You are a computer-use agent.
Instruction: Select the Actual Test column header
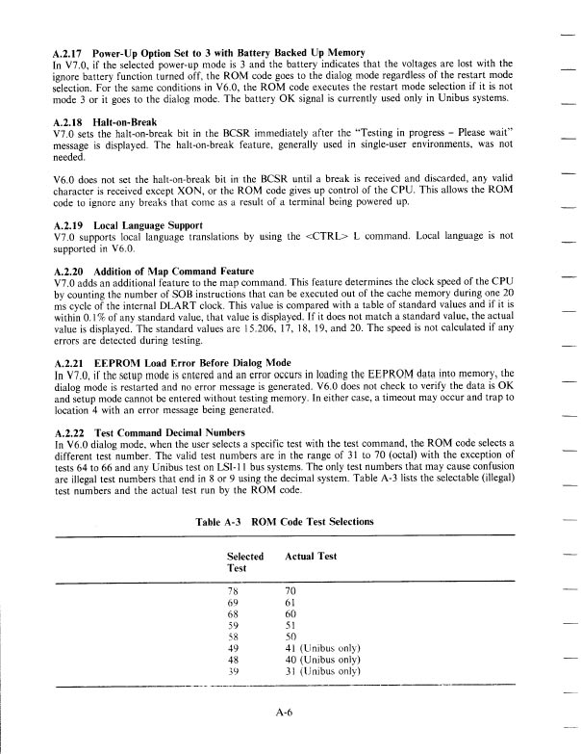[311, 557]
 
